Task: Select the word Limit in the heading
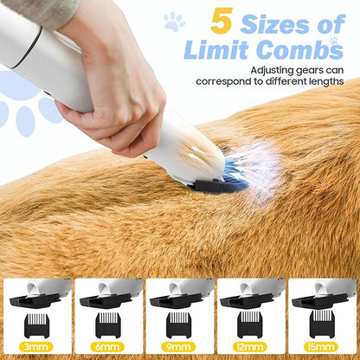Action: (216, 49)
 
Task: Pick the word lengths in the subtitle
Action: (325, 81)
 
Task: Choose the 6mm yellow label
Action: (107, 347)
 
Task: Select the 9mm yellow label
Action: (179, 347)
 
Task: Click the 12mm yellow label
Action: (250, 347)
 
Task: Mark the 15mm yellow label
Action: (321, 347)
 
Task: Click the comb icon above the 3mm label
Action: (36, 325)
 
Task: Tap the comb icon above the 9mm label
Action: (179, 325)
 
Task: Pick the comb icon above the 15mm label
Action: (322, 325)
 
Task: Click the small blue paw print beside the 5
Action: (174, 22)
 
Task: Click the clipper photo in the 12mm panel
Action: (250, 293)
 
